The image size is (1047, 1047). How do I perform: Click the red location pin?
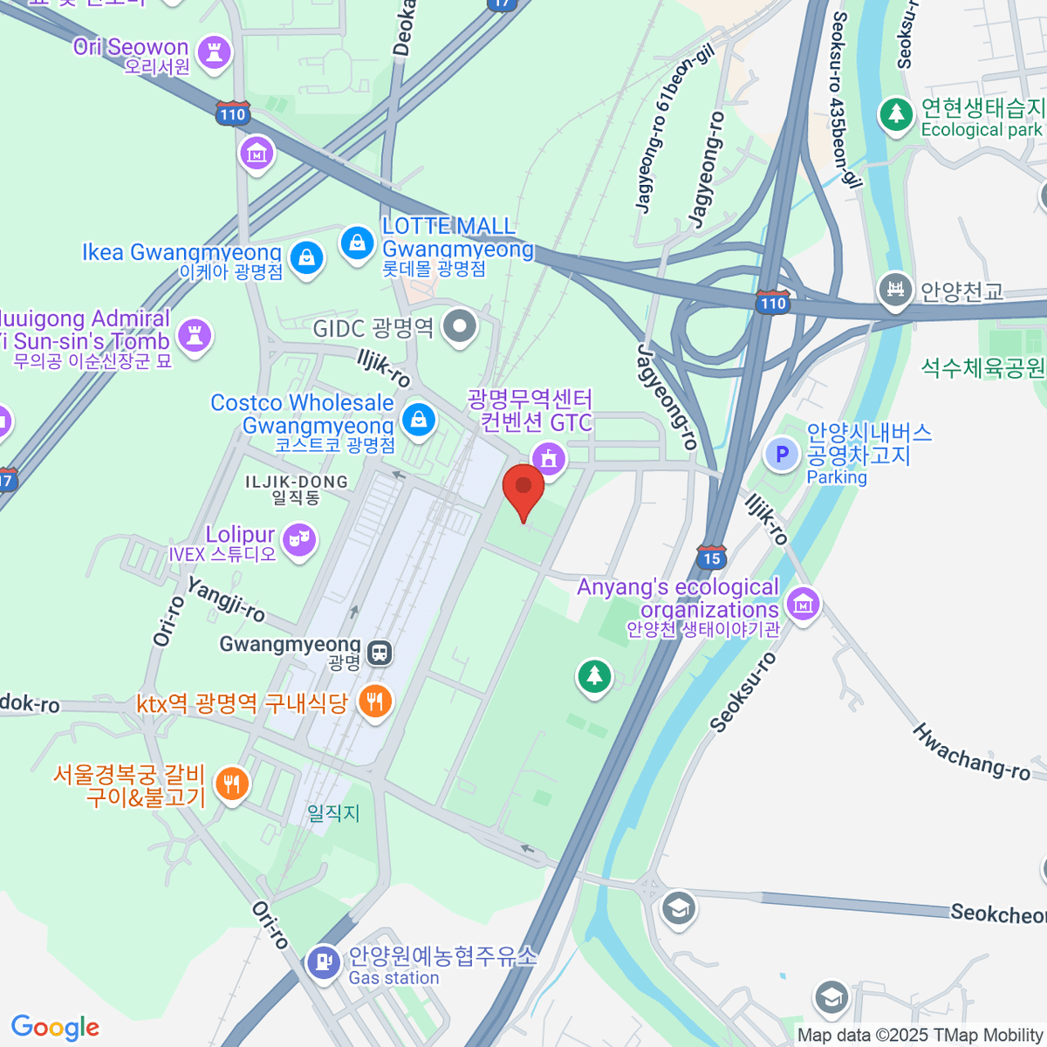pos(523,490)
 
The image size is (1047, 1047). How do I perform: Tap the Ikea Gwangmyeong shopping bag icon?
pos(306,257)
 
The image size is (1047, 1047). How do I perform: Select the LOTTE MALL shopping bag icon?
pos(357,243)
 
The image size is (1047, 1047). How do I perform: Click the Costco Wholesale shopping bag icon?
pos(419,420)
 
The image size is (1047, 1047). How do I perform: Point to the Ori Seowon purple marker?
pos(214,52)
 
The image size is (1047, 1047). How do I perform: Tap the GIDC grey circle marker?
pos(460,327)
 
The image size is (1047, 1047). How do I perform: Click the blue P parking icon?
pos(782,454)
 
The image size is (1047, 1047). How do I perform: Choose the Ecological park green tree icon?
pos(895,114)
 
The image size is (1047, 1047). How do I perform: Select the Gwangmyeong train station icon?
pos(380,652)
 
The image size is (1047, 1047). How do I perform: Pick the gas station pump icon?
pos(324,962)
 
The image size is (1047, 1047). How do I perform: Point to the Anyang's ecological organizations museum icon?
pos(802,602)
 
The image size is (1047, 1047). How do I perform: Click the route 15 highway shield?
pos(711,558)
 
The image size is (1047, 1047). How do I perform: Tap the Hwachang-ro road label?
pos(971,751)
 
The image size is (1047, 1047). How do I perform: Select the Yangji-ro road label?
pos(226,600)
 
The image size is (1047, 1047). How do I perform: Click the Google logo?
pos(55,1027)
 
